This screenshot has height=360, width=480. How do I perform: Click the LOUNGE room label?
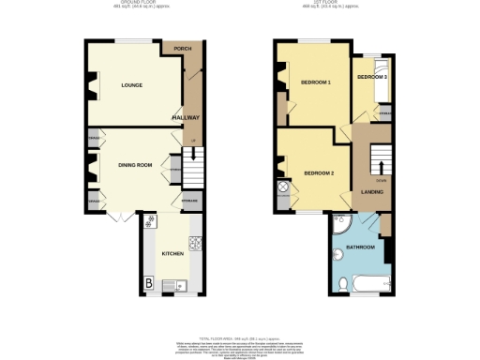point(131,85)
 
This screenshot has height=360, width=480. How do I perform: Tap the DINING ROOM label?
point(135,165)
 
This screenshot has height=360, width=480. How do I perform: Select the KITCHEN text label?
point(172,254)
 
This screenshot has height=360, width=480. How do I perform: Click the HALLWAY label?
point(187,117)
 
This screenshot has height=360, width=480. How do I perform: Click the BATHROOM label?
point(360,247)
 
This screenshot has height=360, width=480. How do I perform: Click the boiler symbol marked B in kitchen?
point(148,284)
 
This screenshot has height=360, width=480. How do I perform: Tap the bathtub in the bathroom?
point(370,283)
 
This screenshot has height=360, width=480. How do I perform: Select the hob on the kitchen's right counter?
point(195,247)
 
